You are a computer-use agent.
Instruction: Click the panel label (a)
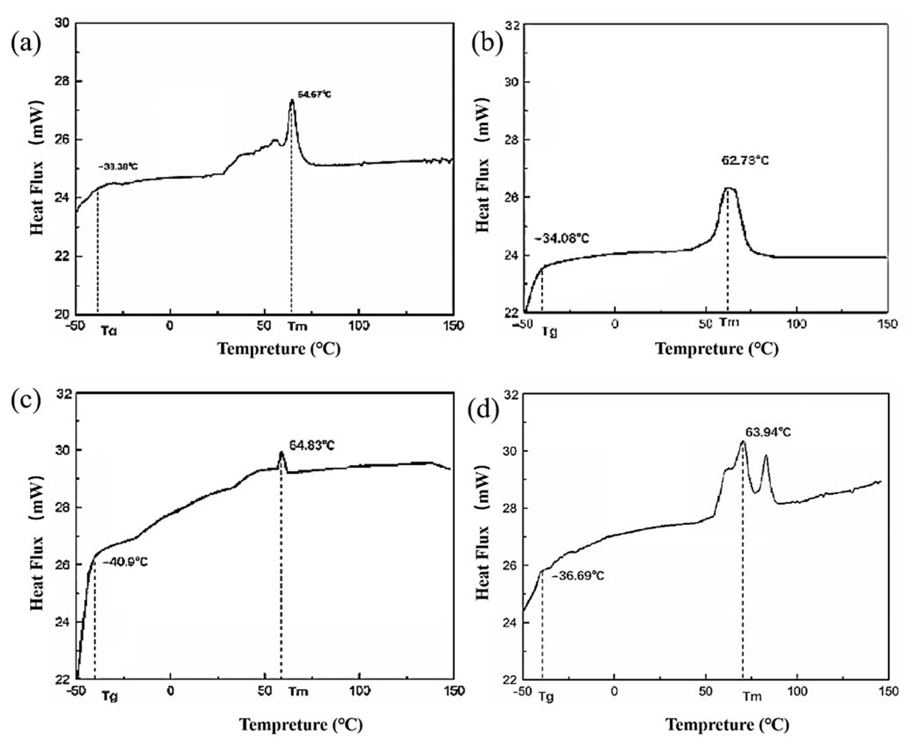tap(26, 44)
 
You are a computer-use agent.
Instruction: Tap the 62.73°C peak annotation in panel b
tap(745, 161)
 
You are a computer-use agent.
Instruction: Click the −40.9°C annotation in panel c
tap(125, 562)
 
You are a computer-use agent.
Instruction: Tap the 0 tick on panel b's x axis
tap(614, 324)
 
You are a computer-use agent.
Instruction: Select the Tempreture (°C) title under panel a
tap(279, 348)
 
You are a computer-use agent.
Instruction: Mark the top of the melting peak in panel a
tap(292, 100)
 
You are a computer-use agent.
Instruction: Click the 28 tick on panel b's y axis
tap(512, 140)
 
